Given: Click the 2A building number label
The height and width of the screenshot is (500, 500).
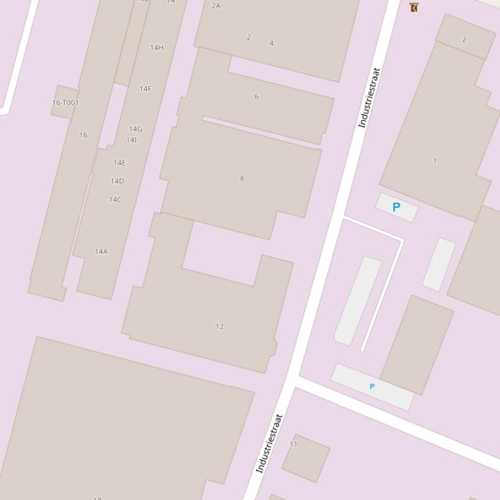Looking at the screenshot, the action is (x=216, y=6).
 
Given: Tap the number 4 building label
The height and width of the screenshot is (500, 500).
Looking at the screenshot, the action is (x=271, y=44).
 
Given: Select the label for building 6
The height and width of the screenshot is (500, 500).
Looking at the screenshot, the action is (x=256, y=97).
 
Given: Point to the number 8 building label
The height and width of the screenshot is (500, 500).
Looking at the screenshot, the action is (x=242, y=179).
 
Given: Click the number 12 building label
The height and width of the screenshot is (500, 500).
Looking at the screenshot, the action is (x=219, y=327).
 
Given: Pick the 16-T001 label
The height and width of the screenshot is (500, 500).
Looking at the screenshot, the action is (x=65, y=103).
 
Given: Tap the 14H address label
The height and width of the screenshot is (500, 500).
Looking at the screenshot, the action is (x=157, y=47).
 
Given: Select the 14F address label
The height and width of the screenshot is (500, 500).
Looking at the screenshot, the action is (x=145, y=89).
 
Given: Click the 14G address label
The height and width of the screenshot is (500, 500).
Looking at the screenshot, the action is (x=135, y=129).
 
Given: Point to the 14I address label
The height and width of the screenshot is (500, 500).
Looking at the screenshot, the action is (x=131, y=140).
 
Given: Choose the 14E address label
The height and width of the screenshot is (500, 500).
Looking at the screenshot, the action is (x=120, y=163).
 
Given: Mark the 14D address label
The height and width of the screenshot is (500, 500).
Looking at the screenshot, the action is (x=117, y=181).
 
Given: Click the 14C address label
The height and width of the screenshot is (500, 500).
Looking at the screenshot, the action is (x=115, y=199).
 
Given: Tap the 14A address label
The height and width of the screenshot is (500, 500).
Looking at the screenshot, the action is (x=101, y=251).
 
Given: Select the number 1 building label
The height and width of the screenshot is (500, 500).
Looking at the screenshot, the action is (x=434, y=160).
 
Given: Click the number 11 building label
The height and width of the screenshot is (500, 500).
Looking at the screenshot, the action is (x=293, y=445).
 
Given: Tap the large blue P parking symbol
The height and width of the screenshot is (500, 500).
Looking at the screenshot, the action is (x=396, y=207).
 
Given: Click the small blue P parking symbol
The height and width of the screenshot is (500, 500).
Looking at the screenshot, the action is (x=372, y=386).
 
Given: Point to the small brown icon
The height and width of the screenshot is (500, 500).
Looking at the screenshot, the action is (x=414, y=7).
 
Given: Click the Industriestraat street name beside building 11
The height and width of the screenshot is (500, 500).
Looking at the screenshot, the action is (x=269, y=444).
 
